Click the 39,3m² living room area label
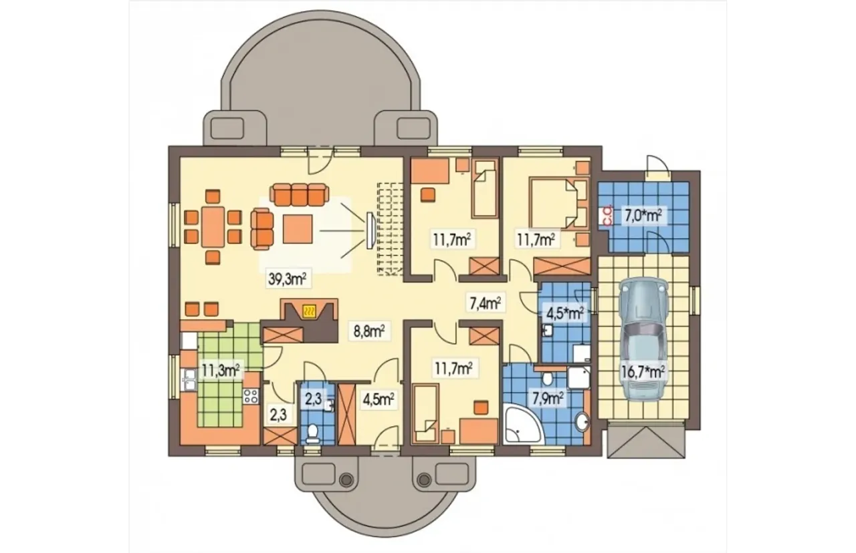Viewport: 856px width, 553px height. click(x=287, y=279)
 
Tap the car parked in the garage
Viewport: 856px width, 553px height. click(x=644, y=338)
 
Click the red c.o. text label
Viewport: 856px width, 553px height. click(x=607, y=215)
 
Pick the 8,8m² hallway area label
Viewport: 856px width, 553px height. click(x=368, y=331)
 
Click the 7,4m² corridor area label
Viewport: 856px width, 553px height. click(x=485, y=303)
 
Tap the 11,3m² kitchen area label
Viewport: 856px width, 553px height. click(x=221, y=370)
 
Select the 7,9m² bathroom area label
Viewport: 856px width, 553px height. click(x=548, y=398)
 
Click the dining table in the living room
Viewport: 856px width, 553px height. click(x=213, y=226)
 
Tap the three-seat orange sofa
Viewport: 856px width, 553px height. click(x=299, y=194)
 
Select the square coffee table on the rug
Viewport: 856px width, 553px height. click(x=298, y=228)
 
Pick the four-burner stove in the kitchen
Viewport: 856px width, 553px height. click(x=251, y=396)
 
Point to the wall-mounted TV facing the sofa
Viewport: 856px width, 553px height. click(x=370, y=231)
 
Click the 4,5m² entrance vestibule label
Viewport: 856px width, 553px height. click(x=379, y=399)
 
